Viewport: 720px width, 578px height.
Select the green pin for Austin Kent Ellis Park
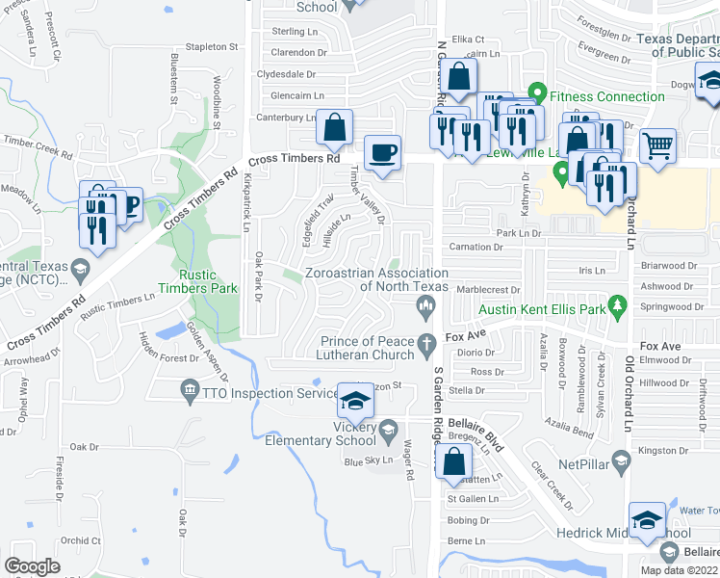618,307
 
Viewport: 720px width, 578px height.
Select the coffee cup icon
383,152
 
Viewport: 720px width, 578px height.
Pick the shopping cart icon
657,145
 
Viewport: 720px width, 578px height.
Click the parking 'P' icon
127,203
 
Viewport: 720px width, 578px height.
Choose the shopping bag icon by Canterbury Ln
334,126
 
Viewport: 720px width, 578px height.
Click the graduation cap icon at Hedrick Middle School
647,519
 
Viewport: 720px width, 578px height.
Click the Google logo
32,566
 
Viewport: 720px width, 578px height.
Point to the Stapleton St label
212,46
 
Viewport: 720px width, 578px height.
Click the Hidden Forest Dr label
167,357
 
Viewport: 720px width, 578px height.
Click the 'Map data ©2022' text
679,570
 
